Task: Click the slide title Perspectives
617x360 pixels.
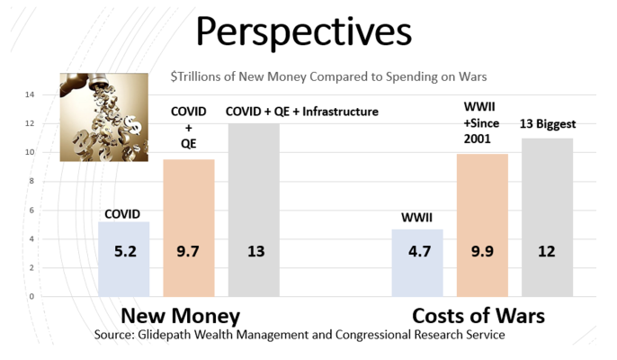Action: pos(303,32)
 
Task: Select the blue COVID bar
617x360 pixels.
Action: pos(123,259)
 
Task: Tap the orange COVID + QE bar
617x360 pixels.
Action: pos(189,228)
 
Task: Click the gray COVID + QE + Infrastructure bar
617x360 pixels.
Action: pos(254,210)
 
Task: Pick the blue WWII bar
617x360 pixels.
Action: pos(417,263)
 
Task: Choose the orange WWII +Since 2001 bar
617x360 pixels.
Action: pos(482,225)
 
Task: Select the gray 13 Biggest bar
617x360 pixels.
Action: pos(548,218)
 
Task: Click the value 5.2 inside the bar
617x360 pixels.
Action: pos(125,251)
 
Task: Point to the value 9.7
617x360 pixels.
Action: pos(188,251)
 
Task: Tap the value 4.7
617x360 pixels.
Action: pos(419,251)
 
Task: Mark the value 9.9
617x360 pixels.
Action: pos(482,251)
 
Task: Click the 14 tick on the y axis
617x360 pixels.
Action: pos(30,94)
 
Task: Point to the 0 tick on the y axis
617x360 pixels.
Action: pos(31,297)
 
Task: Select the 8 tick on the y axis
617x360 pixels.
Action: pos(31,181)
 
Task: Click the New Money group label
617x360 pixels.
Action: pos(180,316)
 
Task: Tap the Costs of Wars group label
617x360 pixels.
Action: pos(478,316)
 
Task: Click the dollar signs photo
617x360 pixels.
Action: pos(104,117)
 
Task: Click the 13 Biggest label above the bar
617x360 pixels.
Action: pos(548,124)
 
